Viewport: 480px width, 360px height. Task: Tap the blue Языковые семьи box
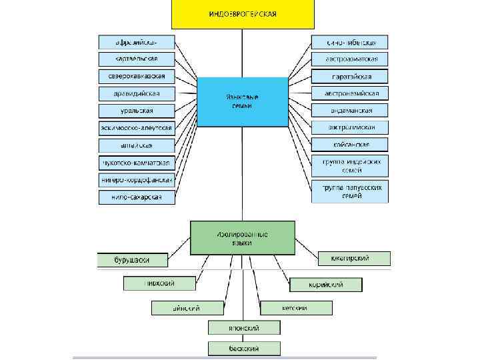coord(233,101)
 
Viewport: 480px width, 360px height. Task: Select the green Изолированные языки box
coord(242,238)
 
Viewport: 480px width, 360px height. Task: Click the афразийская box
coord(137,42)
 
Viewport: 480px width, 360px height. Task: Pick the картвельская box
coord(137,59)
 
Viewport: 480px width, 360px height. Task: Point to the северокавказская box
coord(137,76)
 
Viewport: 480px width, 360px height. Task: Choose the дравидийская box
coord(137,93)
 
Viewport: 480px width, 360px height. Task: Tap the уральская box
coord(137,111)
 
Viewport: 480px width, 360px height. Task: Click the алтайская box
coord(137,145)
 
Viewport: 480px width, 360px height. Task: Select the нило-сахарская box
coord(137,197)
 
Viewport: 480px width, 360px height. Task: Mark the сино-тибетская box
coord(350,42)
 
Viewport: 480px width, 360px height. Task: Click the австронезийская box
coord(350,93)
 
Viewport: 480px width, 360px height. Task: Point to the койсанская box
coord(350,145)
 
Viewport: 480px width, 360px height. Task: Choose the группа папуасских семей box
coord(350,191)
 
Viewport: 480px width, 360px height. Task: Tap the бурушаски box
coord(133,259)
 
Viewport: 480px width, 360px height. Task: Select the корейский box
coord(326,285)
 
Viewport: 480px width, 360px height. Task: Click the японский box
coord(244,327)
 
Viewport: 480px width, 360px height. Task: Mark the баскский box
coord(244,348)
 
